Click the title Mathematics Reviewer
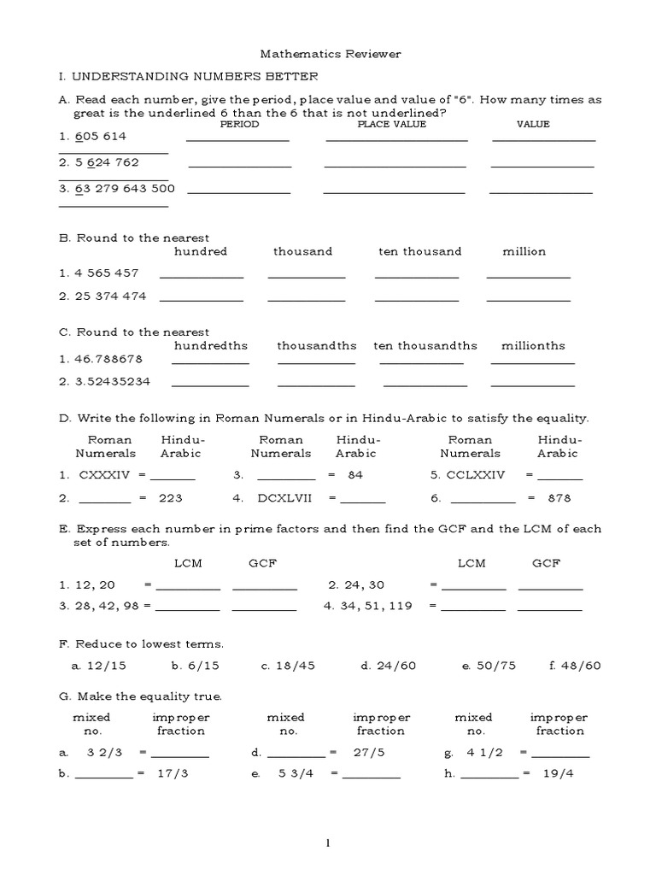(x=328, y=54)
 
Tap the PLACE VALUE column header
(x=391, y=125)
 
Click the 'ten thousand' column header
(x=419, y=251)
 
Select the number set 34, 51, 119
(x=376, y=606)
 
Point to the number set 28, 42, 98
(x=107, y=606)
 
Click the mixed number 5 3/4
(x=293, y=774)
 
